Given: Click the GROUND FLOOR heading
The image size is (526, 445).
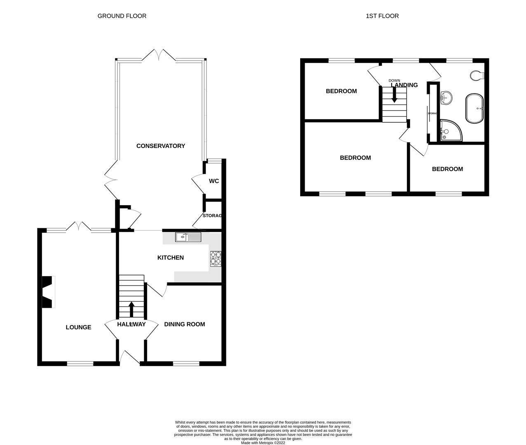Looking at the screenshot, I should (122, 16).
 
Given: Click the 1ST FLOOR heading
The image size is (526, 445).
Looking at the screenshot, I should (382, 16).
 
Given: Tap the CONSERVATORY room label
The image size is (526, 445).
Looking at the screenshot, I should (160, 146).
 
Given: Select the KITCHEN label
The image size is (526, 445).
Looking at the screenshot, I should (171, 258).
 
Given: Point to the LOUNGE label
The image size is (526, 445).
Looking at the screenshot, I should (78, 327).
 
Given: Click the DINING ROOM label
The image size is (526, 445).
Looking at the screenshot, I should (184, 324).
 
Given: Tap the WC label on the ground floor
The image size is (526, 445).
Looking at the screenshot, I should (214, 181).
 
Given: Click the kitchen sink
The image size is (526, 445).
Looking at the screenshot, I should (188, 237).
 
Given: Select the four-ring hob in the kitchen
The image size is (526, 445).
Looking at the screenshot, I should (216, 259).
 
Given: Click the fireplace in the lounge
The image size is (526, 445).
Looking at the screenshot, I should (48, 292).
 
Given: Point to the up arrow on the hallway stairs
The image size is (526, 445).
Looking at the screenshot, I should (132, 309).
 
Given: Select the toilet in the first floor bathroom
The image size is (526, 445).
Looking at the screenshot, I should (477, 75).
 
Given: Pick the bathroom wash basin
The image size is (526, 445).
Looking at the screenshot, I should (446, 98).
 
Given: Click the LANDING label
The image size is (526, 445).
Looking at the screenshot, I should (404, 85).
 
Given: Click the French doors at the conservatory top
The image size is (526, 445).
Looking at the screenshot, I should (160, 55).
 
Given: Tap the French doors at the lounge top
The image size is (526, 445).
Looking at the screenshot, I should (78, 226).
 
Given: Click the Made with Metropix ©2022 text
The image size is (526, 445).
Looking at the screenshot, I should (263, 443).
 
